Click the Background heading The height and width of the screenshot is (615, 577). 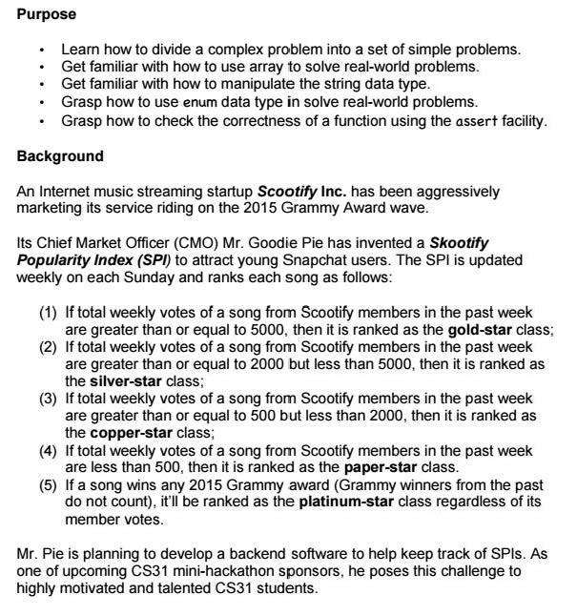click(60, 154)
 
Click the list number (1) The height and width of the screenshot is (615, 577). click(48, 312)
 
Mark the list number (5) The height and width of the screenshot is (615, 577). click(48, 485)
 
